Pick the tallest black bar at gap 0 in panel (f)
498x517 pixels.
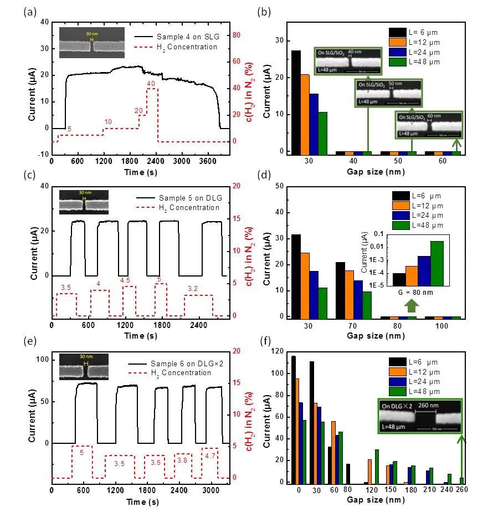pos(294,419)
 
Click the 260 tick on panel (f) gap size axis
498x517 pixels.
pos(461,490)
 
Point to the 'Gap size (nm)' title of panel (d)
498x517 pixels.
pos(374,336)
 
